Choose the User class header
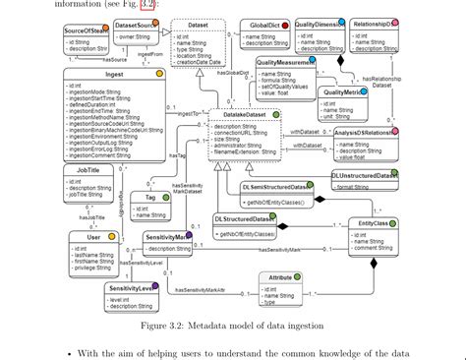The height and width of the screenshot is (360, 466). [x=94, y=237]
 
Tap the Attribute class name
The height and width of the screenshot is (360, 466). [x=280, y=278]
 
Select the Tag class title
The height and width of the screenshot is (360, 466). [x=150, y=198]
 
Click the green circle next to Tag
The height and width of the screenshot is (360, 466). [x=167, y=197]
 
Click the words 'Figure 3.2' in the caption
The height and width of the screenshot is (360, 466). [x=163, y=324]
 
